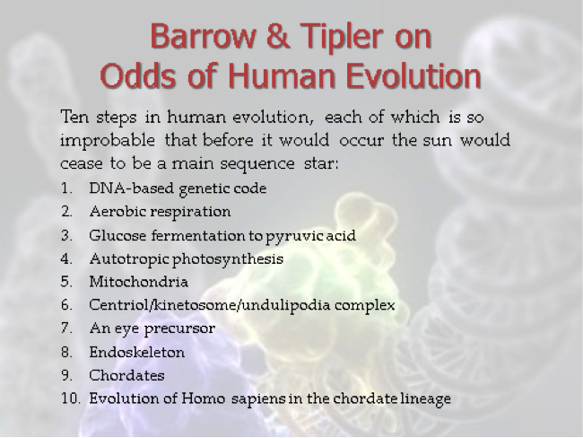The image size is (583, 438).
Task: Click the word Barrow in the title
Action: (x=203, y=36)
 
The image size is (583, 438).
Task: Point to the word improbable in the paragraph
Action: (x=108, y=141)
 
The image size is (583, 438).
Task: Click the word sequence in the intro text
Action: (x=257, y=164)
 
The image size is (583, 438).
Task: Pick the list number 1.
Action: (x=66, y=188)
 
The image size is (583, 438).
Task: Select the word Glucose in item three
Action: (x=117, y=235)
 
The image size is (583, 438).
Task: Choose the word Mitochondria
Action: (x=139, y=282)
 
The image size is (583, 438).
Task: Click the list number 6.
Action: (x=66, y=305)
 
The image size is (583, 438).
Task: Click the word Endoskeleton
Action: (x=137, y=352)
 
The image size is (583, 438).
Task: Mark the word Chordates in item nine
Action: (x=126, y=375)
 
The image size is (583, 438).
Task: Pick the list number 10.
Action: (x=71, y=399)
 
